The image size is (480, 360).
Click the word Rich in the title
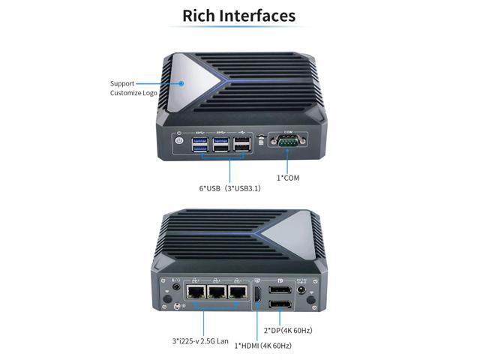pos(200,15)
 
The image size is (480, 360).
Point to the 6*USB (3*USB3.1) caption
pos(229,188)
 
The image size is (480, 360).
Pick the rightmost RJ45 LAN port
pos(238,293)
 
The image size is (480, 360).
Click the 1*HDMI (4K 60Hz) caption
pos(262,345)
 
